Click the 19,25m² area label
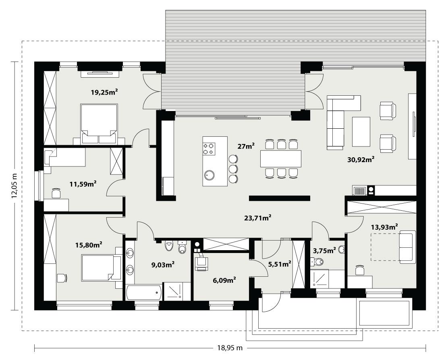104,92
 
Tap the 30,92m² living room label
361,159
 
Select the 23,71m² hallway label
257,218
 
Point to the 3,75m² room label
324,251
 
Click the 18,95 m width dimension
228,348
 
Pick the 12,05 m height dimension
15,185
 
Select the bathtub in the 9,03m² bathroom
143,292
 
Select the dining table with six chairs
281,158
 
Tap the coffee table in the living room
361,132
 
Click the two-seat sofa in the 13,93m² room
407,247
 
